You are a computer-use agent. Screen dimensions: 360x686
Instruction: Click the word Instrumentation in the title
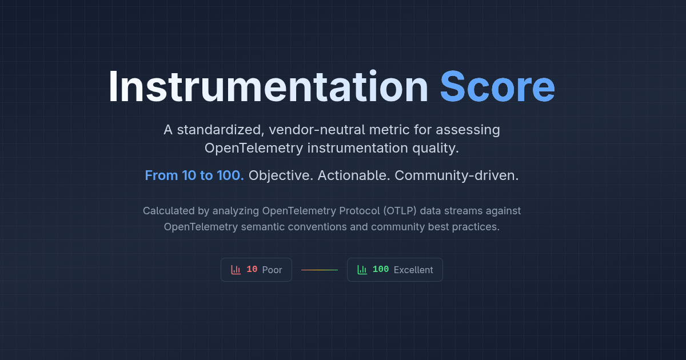pyautogui.click(x=268, y=87)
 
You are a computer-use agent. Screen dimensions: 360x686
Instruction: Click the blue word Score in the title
pyautogui.click(x=497, y=87)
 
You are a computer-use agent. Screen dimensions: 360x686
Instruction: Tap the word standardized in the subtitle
pyautogui.click(x=218, y=130)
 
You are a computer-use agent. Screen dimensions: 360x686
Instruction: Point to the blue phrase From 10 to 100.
pyautogui.click(x=194, y=175)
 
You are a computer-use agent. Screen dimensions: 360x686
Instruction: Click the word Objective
pyautogui.click(x=281, y=175)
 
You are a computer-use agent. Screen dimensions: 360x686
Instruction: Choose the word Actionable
pyautogui.click(x=354, y=175)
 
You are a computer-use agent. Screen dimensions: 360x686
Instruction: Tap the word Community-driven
pyautogui.click(x=457, y=175)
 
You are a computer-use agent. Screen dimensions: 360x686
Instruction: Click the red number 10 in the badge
pyautogui.click(x=252, y=270)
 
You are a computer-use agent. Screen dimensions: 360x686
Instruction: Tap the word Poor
pyautogui.click(x=272, y=270)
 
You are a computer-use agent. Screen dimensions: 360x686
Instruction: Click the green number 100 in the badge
pyautogui.click(x=381, y=270)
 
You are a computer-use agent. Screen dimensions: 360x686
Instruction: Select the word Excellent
pyautogui.click(x=413, y=270)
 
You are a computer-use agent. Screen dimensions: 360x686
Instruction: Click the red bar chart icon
pyautogui.click(x=236, y=270)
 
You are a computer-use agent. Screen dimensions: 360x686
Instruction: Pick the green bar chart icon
pyautogui.click(x=362, y=270)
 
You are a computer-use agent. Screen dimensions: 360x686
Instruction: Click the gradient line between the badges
pyautogui.click(x=320, y=270)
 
